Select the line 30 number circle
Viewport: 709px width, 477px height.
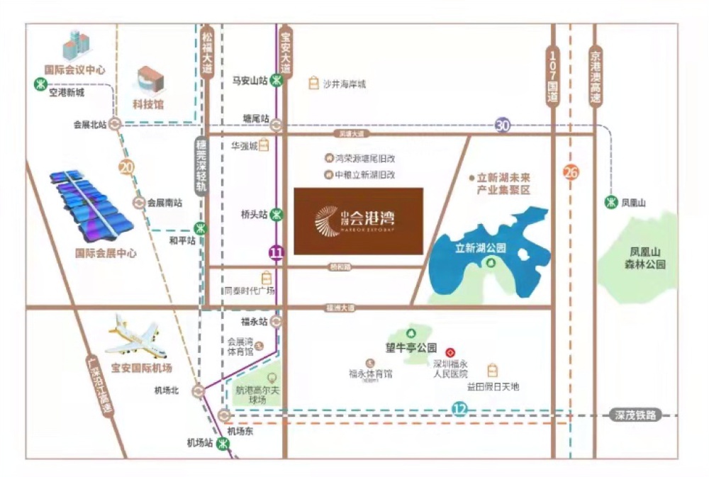click(x=503, y=125)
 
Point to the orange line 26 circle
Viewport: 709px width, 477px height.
click(x=571, y=172)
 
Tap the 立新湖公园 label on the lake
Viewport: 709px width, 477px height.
click(x=481, y=248)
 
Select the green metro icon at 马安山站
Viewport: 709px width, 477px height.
click(x=280, y=81)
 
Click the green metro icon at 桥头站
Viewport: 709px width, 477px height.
click(x=280, y=213)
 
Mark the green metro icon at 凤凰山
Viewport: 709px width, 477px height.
click(x=610, y=203)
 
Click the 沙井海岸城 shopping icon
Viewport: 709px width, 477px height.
click(x=313, y=84)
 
